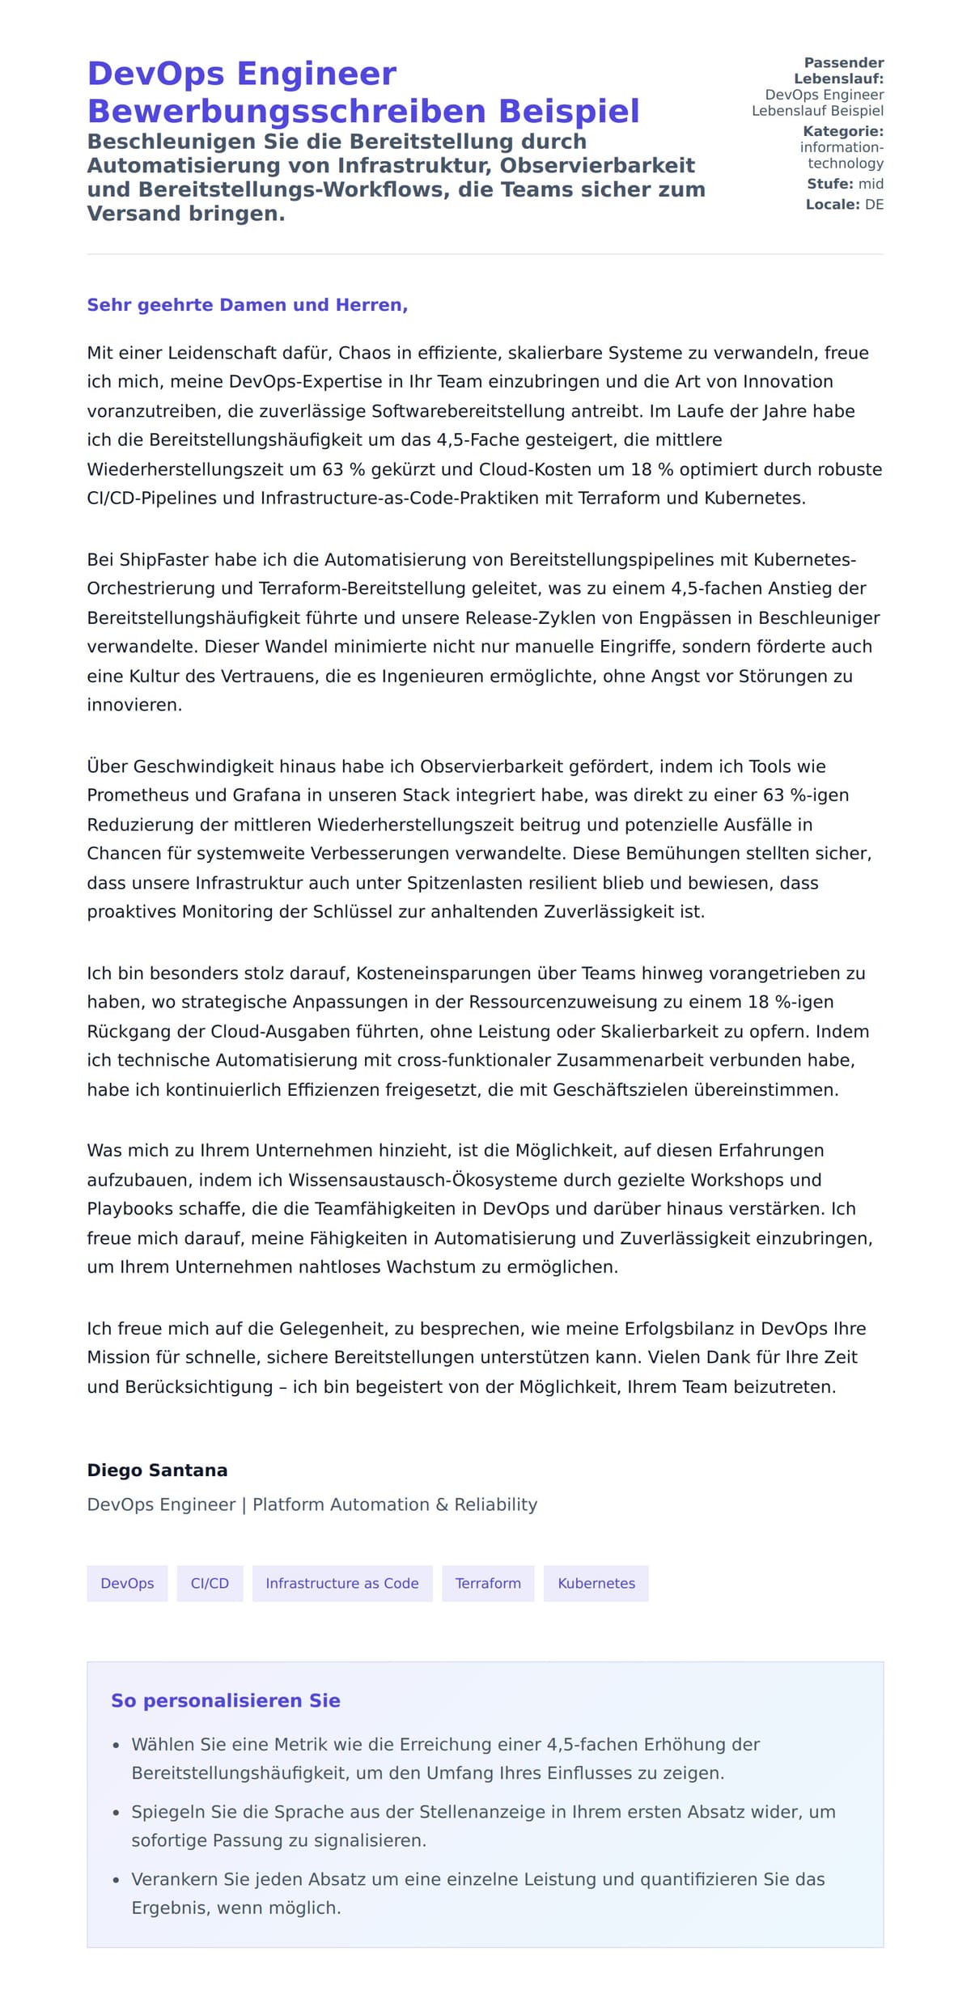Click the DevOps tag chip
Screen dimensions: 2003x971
[127, 1583]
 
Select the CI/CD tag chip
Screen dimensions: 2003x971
[210, 1583]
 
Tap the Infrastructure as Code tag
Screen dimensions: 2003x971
[342, 1583]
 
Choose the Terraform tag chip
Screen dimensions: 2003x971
[488, 1583]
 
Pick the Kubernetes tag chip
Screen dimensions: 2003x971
[596, 1583]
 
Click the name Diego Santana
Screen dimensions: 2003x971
[157, 1470]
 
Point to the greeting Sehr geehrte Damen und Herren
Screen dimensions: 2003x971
[247, 305]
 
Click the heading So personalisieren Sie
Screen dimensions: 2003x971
[225, 1700]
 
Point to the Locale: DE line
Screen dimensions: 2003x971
[844, 205]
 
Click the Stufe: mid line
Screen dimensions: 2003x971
[845, 184]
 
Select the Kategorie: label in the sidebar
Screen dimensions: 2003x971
[842, 131]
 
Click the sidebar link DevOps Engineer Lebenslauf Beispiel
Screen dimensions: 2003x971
[818, 103]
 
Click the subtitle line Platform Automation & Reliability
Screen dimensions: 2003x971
[395, 1504]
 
